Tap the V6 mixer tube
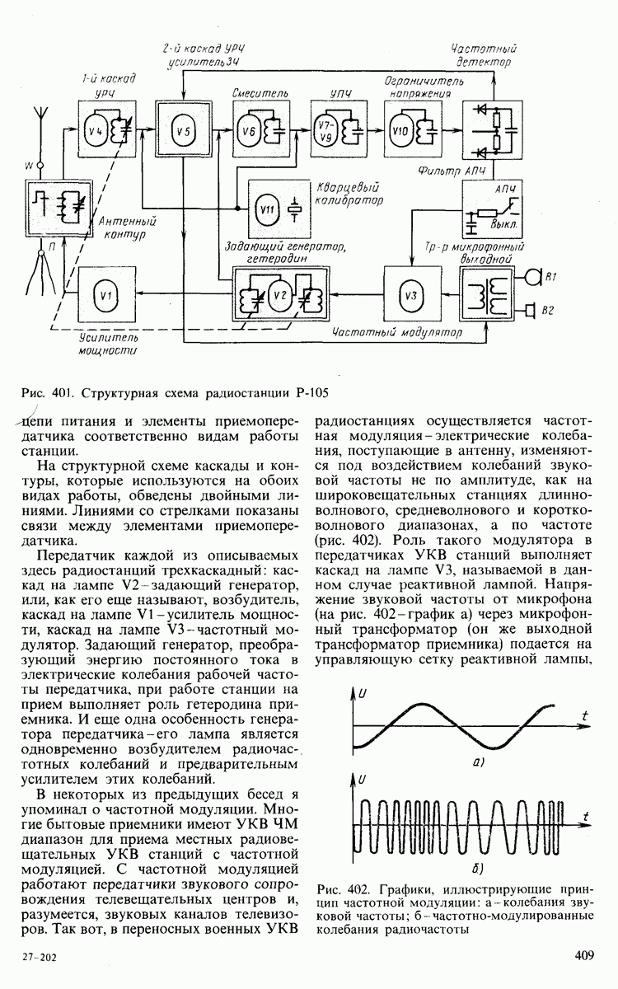click(248, 128)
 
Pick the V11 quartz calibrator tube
click(266, 208)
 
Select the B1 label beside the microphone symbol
click(549, 279)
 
